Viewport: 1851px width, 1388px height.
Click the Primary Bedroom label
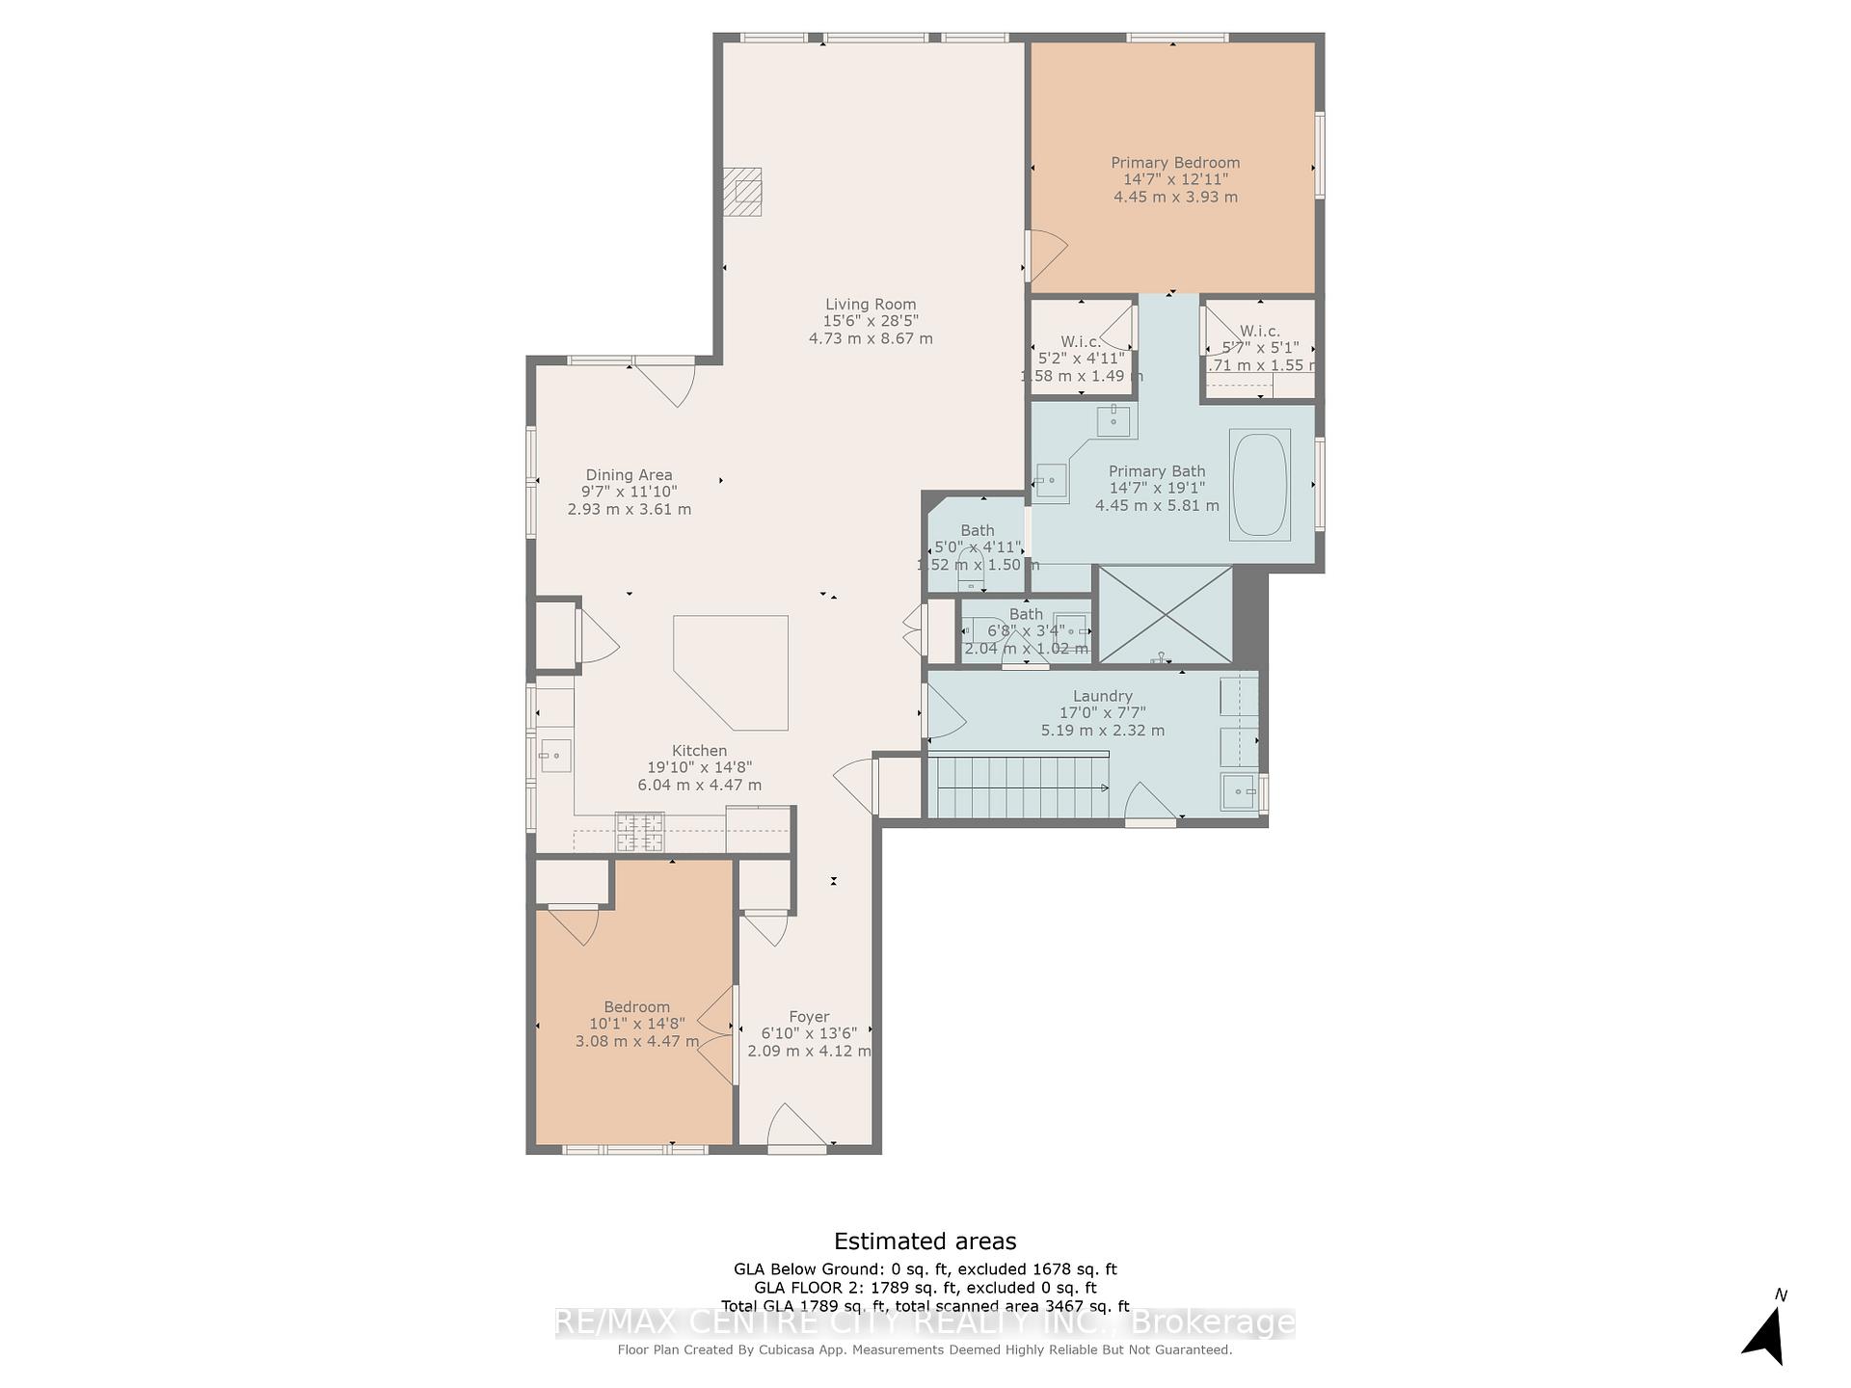tap(1174, 163)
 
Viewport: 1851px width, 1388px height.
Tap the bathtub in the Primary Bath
tap(1259, 485)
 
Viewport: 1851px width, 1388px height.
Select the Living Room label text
tap(870, 305)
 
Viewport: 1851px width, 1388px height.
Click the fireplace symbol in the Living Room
tap(742, 191)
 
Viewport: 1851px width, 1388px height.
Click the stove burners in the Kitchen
tap(639, 833)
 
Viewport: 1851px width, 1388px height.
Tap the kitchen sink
tap(555, 756)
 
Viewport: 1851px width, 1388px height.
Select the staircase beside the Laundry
tap(1017, 787)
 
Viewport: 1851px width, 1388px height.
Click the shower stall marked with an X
tap(1165, 615)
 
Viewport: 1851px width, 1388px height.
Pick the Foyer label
tap(808, 1017)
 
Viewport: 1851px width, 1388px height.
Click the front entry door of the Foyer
tap(796, 1128)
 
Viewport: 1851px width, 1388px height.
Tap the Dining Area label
tap(629, 475)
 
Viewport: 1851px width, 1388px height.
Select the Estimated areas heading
tap(925, 1241)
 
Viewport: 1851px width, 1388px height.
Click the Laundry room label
tap(1102, 696)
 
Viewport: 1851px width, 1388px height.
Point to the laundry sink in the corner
tap(1238, 792)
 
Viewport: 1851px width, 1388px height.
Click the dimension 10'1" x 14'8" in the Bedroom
tap(636, 1024)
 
